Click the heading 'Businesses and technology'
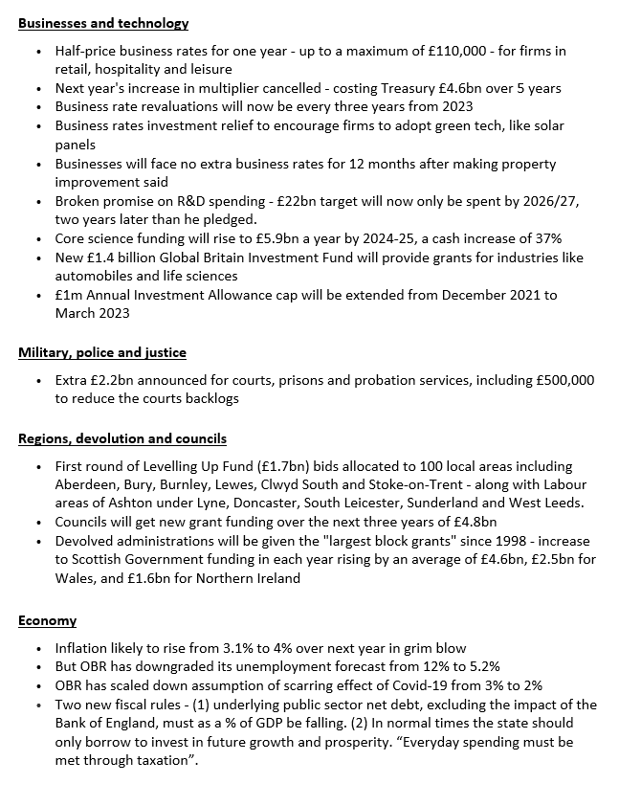click(x=103, y=23)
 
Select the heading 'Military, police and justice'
click(x=101, y=353)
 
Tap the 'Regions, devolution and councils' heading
click(x=122, y=438)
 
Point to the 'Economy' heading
click(x=47, y=620)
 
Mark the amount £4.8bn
click(x=474, y=522)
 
